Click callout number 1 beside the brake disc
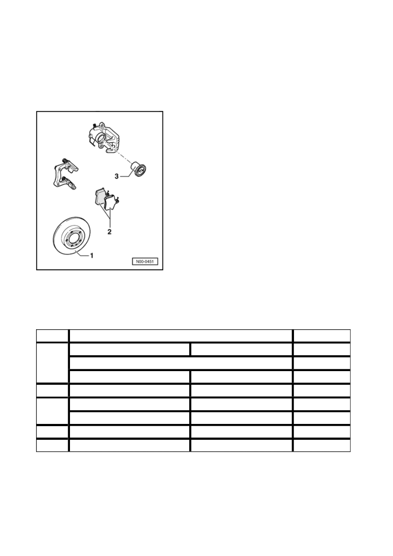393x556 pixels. point(92,255)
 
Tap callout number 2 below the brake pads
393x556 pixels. point(110,232)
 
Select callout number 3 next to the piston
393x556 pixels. point(117,177)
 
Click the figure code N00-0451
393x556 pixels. point(145,261)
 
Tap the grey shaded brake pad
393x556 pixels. point(100,197)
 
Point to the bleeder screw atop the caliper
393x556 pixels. point(94,125)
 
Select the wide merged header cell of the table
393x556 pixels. point(181,336)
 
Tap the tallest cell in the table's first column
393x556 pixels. point(52,363)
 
